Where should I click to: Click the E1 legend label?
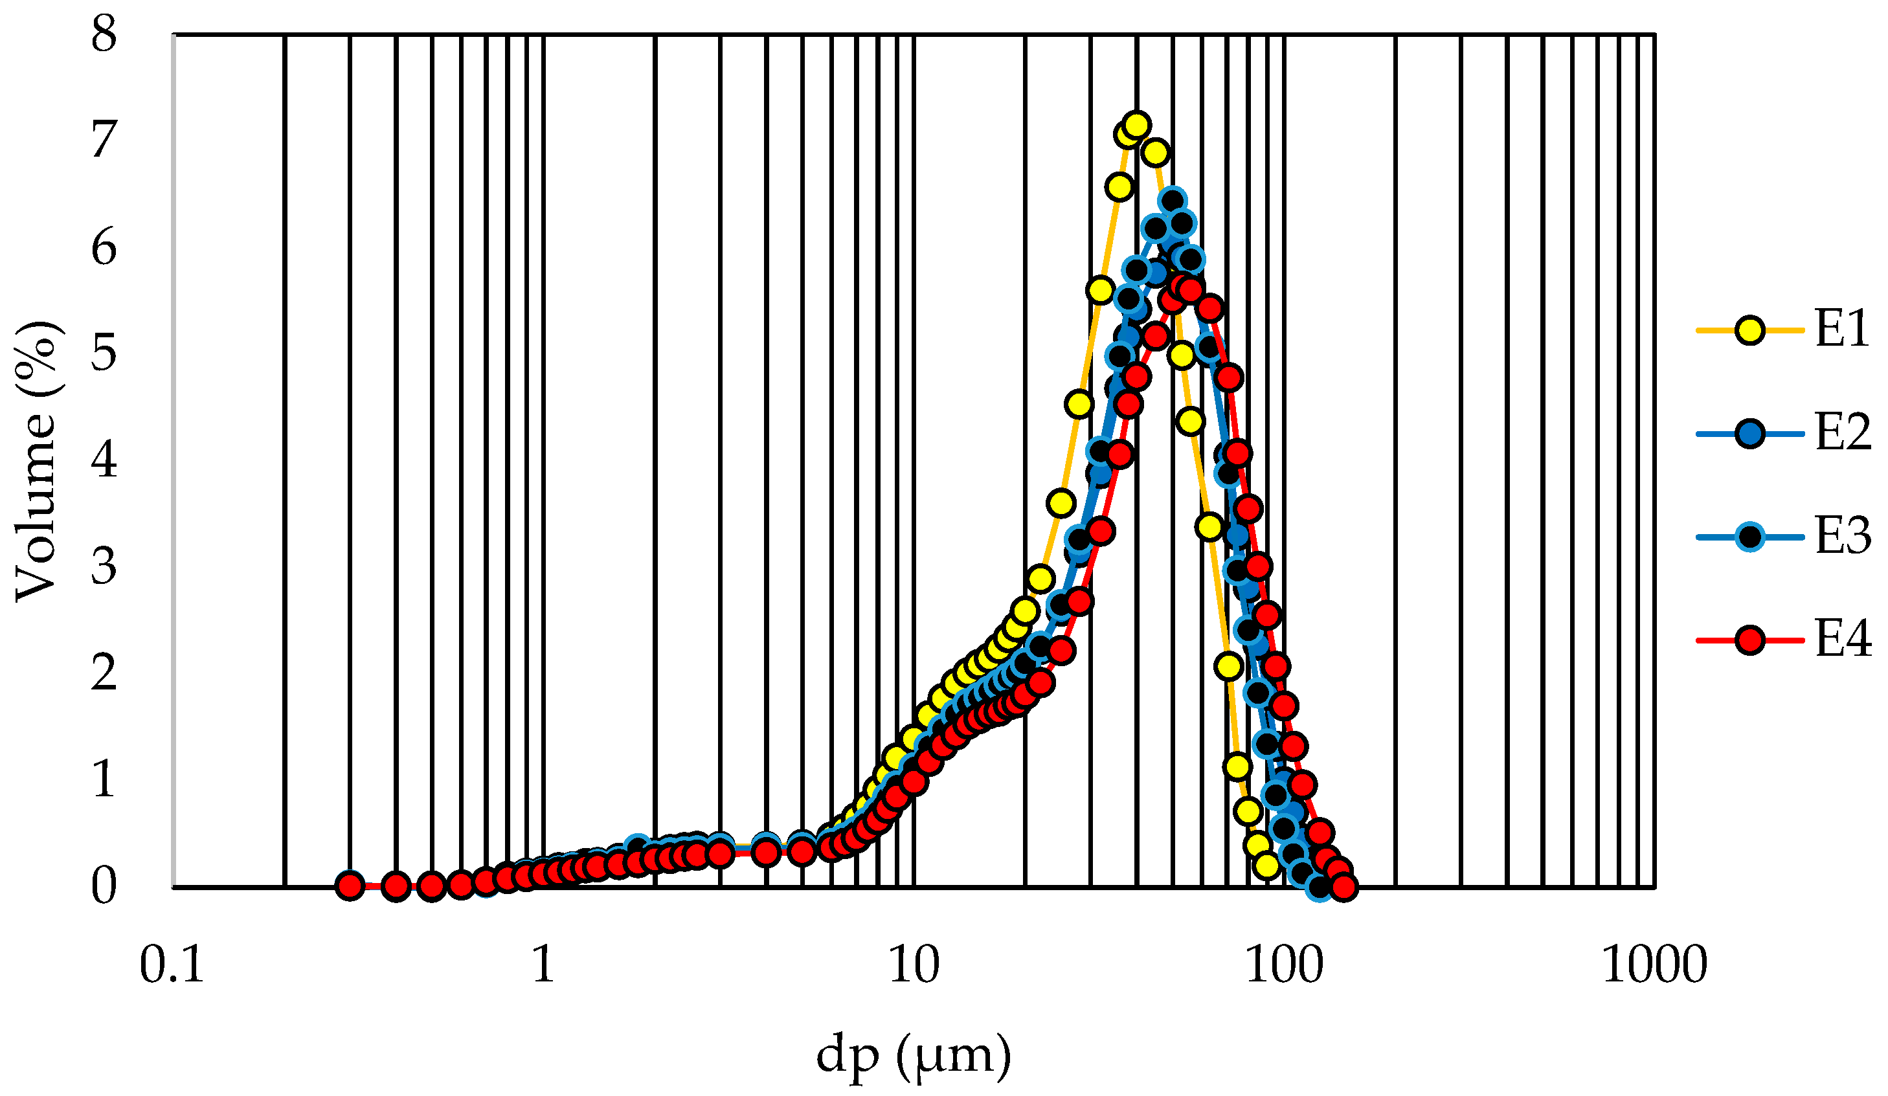[1841, 330]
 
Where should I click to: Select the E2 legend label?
[1841, 434]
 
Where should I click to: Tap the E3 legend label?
[1841, 537]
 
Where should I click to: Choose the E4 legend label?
[1841, 640]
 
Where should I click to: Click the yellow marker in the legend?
[1750, 330]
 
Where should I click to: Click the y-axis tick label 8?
[104, 34]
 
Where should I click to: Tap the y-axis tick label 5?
[104, 353]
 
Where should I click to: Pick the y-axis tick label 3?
[104, 567]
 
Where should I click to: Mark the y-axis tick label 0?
[104, 886]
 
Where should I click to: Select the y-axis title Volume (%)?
[36, 461]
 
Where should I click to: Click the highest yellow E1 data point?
[1136, 125]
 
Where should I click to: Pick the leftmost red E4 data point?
[350, 886]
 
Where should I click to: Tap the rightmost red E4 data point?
[1344, 887]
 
